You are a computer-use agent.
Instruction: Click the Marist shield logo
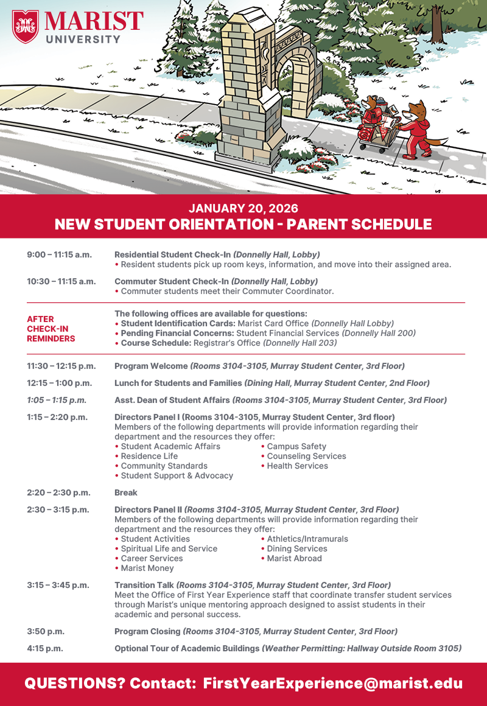pos(25,26)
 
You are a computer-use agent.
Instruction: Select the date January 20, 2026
pos(243,209)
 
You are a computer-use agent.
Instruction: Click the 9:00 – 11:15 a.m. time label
pos(59,254)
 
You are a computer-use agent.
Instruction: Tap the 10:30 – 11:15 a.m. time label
pos(61,281)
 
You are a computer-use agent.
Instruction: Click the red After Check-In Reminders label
pos(51,329)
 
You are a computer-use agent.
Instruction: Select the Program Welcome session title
pos(151,366)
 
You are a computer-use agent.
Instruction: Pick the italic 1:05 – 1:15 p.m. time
pos(57,400)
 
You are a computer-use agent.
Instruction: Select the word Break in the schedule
pos(126,492)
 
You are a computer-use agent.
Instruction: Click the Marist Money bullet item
pos(147,568)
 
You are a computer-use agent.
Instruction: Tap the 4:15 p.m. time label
pos(45,648)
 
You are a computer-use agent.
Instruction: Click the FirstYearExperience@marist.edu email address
pos(332,683)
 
